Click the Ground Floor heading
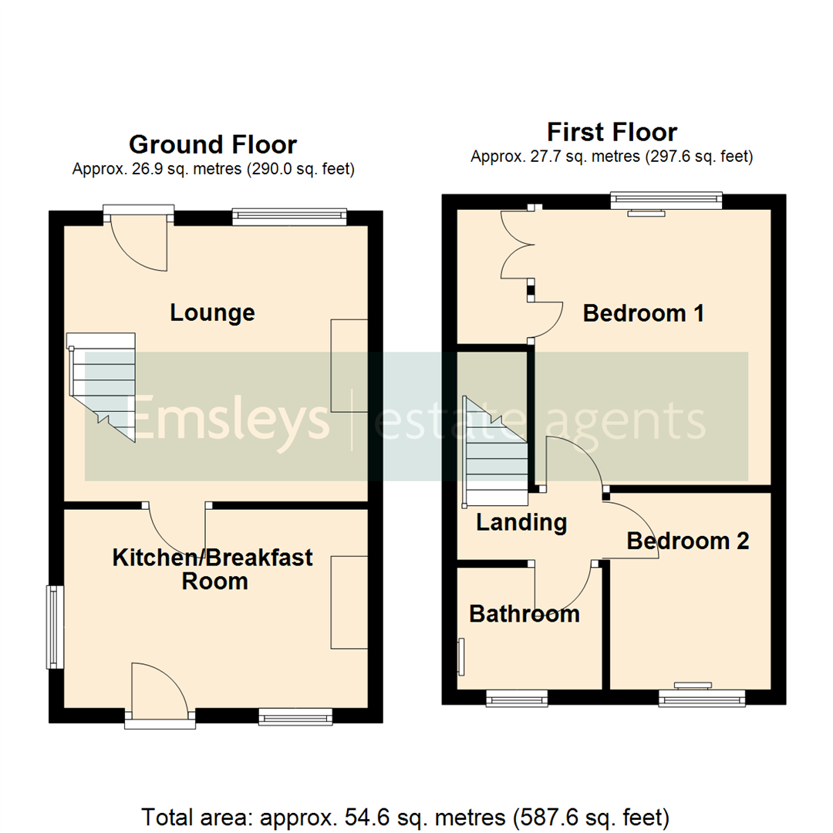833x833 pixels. (x=212, y=145)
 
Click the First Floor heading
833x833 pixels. (x=612, y=132)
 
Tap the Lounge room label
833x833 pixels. (x=212, y=313)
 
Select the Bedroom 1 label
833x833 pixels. (x=643, y=314)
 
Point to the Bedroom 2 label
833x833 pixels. (x=687, y=541)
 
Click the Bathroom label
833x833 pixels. (x=524, y=615)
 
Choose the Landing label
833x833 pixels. (x=521, y=523)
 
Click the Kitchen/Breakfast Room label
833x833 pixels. (x=213, y=568)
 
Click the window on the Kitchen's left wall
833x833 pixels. (x=53, y=627)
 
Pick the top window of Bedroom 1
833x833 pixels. (x=666, y=201)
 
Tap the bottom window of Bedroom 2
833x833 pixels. (x=702, y=699)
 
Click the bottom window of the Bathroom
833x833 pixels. (x=517, y=699)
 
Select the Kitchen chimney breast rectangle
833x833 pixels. (x=349, y=602)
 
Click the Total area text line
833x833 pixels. (x=405, y=815)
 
